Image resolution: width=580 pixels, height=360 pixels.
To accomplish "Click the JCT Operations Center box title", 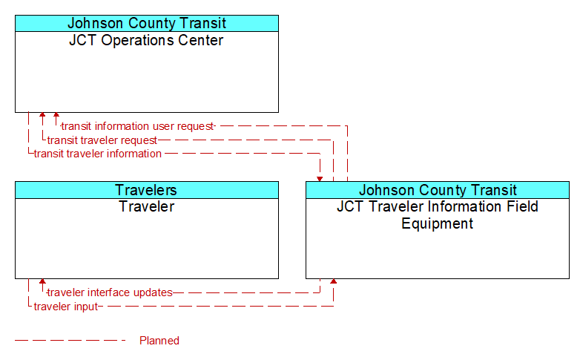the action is click(x=146, y=40).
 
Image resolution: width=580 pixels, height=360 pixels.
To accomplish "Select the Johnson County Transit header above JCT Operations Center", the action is click(x=147, y=23).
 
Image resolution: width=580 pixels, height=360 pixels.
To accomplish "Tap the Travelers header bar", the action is click(x=147, y=190).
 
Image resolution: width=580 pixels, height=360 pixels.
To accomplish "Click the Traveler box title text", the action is click(x=146, y=206).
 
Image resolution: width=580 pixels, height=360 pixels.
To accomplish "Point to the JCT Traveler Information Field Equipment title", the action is click(x=437, y=215).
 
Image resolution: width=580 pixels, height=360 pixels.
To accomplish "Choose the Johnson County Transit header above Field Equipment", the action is click(x=438, y=190).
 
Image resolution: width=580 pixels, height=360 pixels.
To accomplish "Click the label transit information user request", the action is click(x=138, y=126).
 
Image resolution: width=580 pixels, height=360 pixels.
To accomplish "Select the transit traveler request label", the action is click(x=102, y=140).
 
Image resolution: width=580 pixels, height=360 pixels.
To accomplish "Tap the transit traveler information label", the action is click(x=98, y=154).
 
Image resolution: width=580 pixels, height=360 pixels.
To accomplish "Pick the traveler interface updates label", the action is click(x=110, y=292).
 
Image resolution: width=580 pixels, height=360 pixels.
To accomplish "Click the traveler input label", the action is click(x=66, y=307).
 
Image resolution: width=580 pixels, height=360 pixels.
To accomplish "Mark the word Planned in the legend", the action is click(x=159, y=341).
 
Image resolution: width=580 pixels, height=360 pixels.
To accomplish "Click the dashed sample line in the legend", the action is click(x=70, y=341).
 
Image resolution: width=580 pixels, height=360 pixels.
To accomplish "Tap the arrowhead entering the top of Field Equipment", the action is click(x=320, y=180).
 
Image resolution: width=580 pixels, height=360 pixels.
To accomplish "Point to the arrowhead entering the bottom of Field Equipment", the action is click(x=333, y=281).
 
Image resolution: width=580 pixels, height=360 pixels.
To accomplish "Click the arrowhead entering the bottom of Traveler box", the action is click(x=42, y=281).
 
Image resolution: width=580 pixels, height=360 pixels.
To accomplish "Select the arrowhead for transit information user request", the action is click(x=56, y=115).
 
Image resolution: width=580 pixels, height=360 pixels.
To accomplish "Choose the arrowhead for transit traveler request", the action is click(x=42, y=115).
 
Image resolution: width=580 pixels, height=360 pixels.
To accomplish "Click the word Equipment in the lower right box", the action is click(x=437, y=223).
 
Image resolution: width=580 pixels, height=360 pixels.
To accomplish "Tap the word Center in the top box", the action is click(x=201, y=40).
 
